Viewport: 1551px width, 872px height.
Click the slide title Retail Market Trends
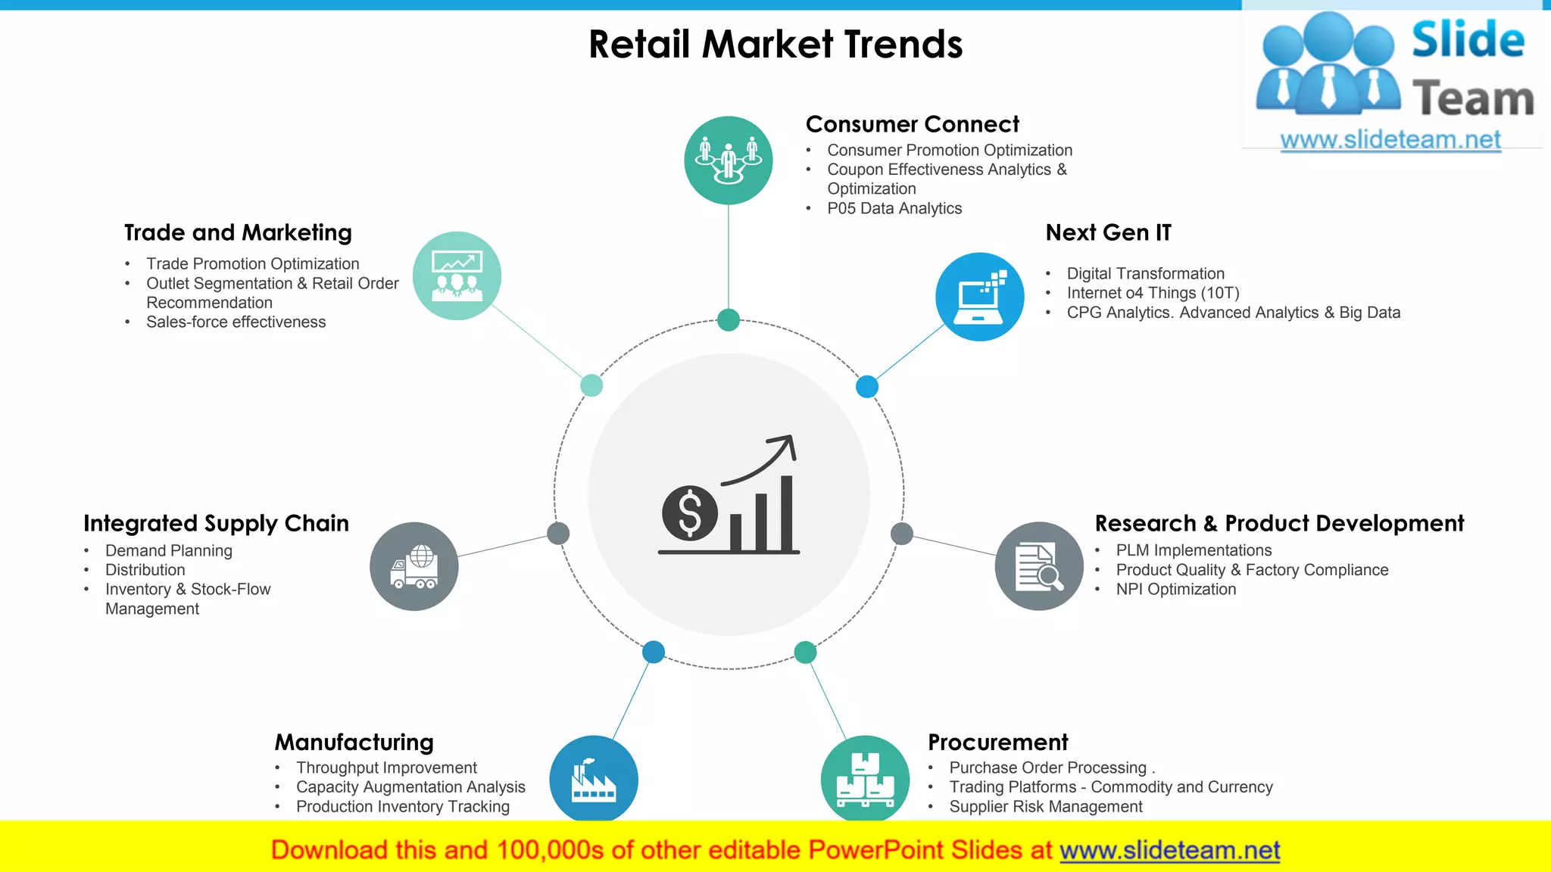[775, 45]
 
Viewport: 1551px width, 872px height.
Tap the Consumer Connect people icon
[729, 160]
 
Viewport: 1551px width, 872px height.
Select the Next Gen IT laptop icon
[979, 296]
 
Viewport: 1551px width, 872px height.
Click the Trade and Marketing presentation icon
[457, 276]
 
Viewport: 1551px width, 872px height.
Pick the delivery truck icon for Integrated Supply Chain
[414, 566]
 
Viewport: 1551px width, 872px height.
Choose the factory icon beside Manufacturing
[594, 779]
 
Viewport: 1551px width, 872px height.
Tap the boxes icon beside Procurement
[865, 779]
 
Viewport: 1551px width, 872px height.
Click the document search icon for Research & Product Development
[1039, 566]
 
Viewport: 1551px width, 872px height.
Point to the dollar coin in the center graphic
[689, 512]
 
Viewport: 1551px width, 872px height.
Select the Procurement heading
[997, 742]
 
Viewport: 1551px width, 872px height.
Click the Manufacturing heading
[354, 742]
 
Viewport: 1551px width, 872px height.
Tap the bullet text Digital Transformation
[1145, 273]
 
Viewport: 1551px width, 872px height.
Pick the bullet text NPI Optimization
[1175, 589]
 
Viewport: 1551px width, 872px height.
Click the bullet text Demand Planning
[168, 550]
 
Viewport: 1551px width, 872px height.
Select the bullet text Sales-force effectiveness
[236, 322]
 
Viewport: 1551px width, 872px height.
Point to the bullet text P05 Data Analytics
[894, 208]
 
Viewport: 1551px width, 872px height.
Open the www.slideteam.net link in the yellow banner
[1169, 850]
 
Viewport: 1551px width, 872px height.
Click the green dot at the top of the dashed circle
[729, 320]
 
